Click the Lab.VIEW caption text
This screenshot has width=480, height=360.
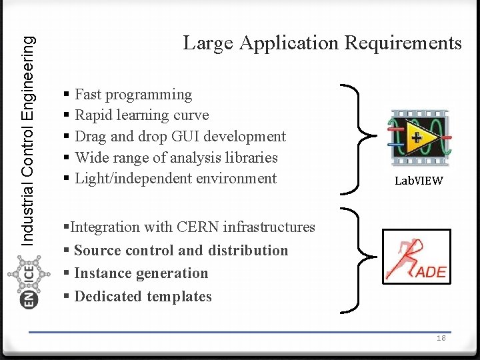tap(419, 180)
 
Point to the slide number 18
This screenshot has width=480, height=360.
tap(441, 338)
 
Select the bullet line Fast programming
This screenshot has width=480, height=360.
tap(133, 95)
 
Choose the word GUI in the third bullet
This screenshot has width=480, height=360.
tap(185, 137)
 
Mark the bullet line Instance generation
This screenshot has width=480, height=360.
tap(141, 273)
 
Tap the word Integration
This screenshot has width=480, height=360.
tap(105, 227)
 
